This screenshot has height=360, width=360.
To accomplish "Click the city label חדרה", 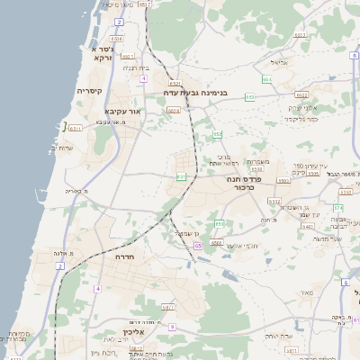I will [x=123, y=257].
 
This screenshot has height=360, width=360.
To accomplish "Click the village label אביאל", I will [x=278, y=64].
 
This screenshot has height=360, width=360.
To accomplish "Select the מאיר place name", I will [x=307, y=292].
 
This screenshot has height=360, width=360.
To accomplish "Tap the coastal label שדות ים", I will [x=65, y=148].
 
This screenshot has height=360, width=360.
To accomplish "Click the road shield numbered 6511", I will [x=75, y=129].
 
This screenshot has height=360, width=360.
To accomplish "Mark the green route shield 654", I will [x=267, y=79].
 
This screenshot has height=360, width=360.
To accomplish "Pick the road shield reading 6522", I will [x=301, y=94].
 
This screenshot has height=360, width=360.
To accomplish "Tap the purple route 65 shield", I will [x=197, y=246].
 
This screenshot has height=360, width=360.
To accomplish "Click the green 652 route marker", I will [x=217, y=134].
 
